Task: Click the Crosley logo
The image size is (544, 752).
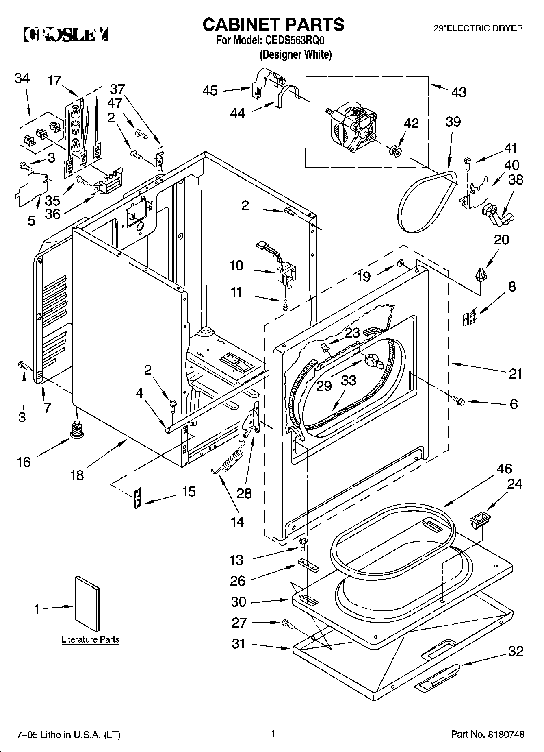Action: click(66, 35)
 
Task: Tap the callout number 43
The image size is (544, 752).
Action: click(459, 93)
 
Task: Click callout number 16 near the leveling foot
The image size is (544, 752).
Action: click(24, 462)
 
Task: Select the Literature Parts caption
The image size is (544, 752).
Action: click(90, 639)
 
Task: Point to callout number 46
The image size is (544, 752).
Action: click(504, 469)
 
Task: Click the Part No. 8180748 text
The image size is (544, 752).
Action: click(488, 735)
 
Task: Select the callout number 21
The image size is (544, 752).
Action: click(515, 373)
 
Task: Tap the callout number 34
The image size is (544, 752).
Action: click(22, 78)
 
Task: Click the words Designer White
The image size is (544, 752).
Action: click(295, 54)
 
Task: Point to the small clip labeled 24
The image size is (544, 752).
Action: click(479, 520)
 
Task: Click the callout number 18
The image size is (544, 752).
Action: click(77, 475)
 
